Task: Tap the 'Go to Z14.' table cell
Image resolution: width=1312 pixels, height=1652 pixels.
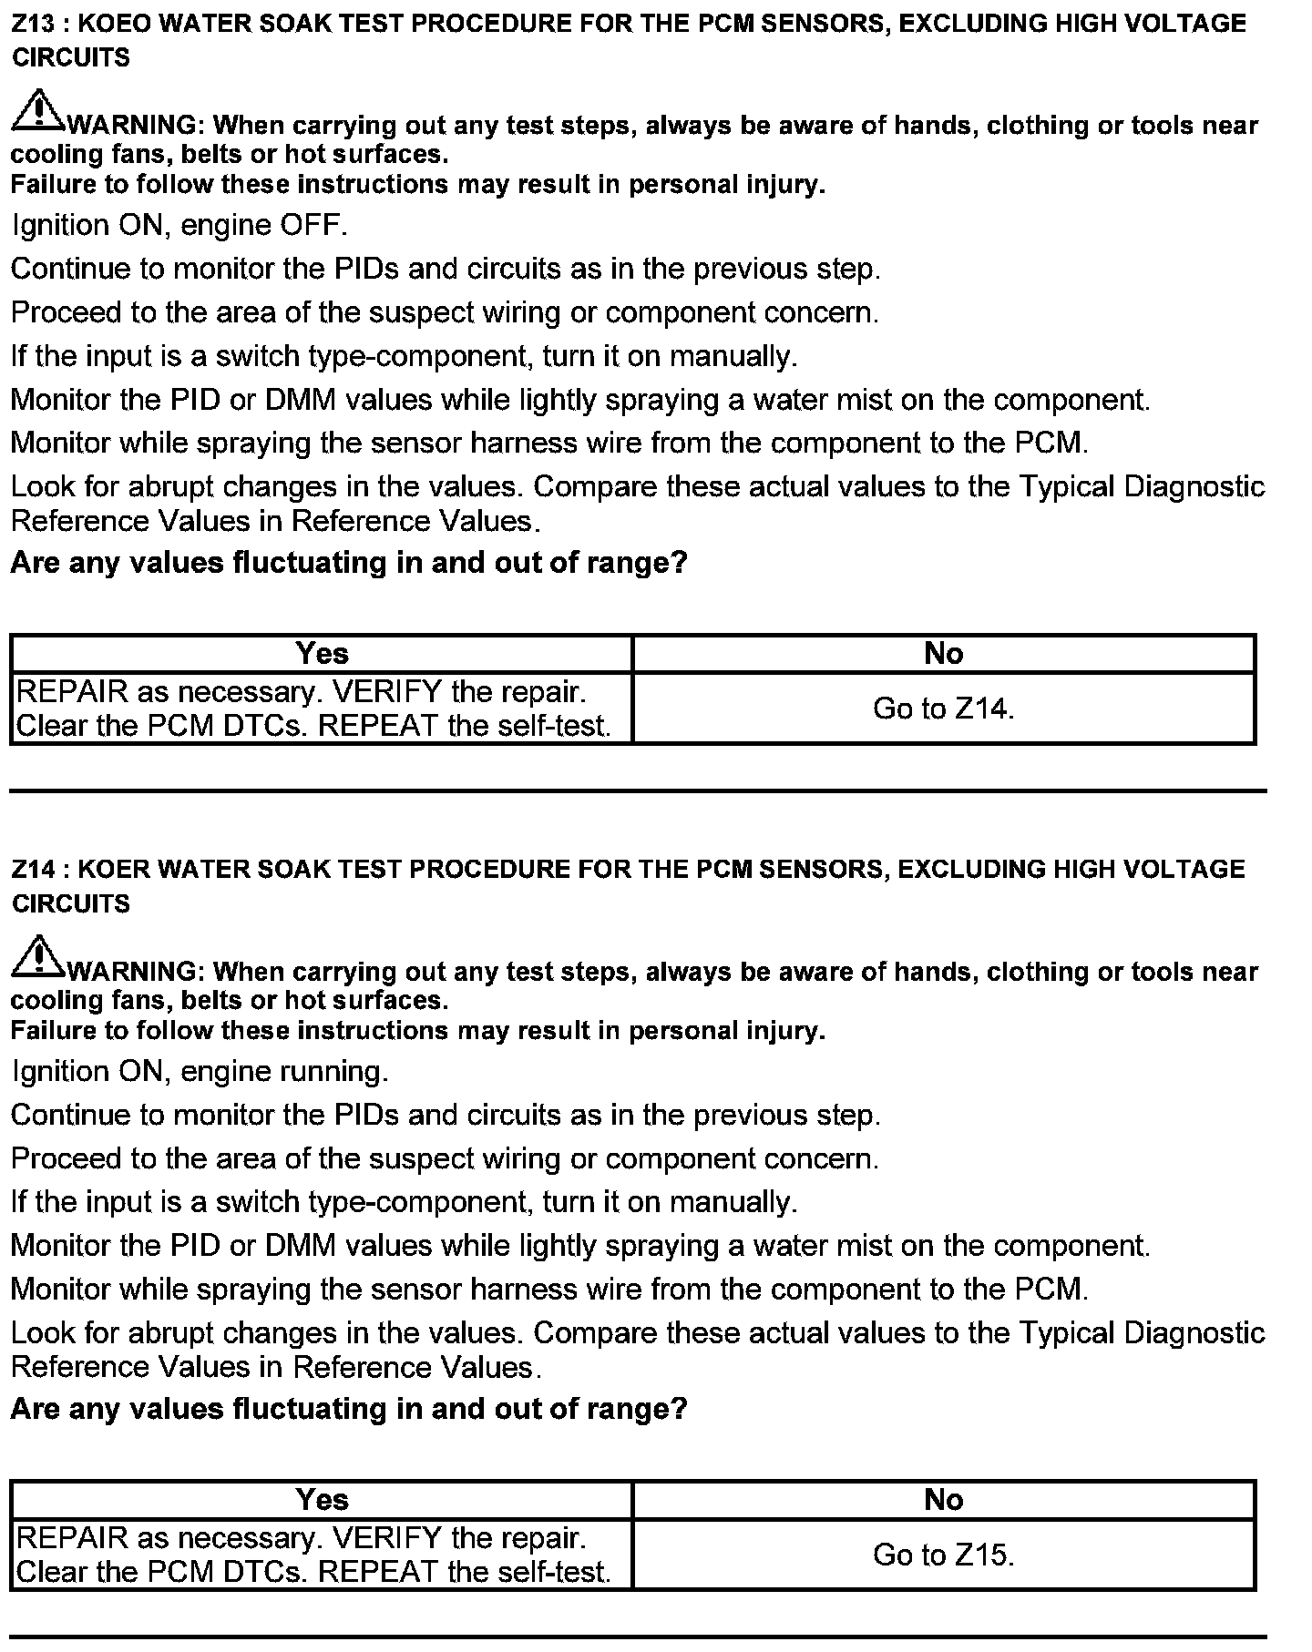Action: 943,709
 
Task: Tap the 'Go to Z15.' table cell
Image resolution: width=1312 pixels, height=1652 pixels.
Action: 943,1555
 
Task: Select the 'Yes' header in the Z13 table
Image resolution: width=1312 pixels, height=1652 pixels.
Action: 322,654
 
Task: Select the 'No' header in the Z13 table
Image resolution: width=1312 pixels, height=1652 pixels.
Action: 943,654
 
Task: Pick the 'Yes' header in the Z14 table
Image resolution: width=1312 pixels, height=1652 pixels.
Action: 322,1500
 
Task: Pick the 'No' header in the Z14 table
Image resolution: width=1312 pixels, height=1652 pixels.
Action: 943,1500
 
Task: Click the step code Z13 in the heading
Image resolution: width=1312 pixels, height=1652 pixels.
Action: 34,24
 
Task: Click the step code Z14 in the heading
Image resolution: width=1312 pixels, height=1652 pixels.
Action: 34,870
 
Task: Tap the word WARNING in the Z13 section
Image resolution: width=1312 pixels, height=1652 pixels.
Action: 131,125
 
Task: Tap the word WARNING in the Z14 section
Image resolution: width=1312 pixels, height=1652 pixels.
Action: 131,972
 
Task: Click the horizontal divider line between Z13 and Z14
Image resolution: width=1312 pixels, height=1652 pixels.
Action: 638,790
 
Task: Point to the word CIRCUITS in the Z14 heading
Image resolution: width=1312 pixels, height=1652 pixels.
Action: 71,904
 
